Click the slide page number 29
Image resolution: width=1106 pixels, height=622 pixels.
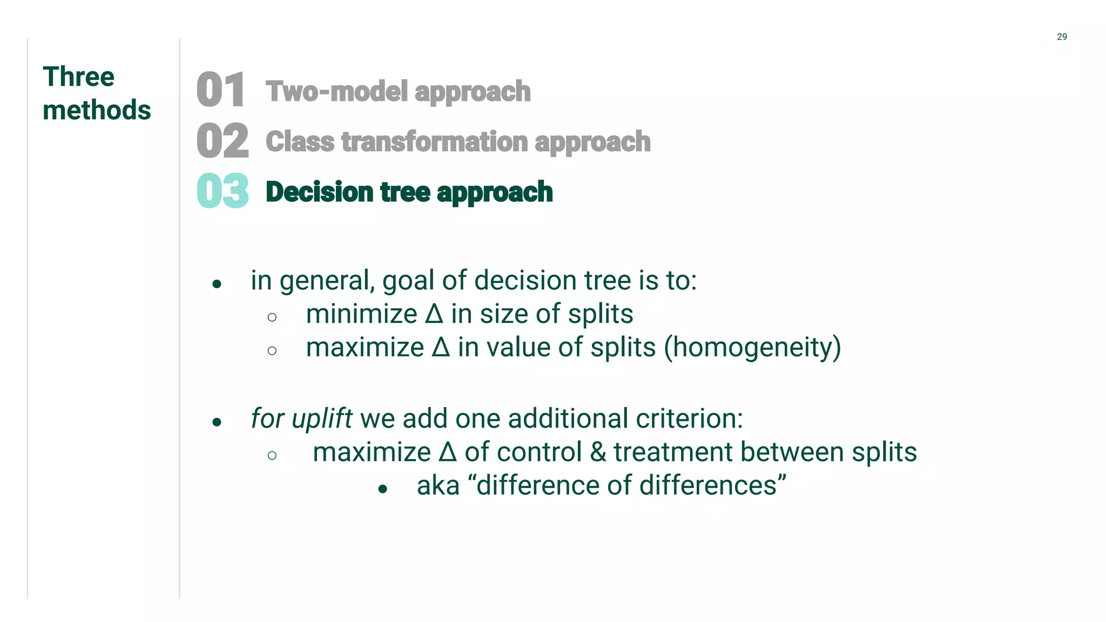click(x=1061, y=37)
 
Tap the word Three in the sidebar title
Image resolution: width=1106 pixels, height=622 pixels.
click(x=78, y=77)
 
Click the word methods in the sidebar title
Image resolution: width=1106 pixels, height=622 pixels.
click(x=97, y=110)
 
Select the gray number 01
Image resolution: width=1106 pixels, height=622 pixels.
click(x=220, y=90)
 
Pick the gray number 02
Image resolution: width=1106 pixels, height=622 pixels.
click(x=222, y=141)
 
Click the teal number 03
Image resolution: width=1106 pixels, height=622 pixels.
click(x=222, y=191)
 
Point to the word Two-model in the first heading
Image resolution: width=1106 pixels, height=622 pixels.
click(x=337, y=91)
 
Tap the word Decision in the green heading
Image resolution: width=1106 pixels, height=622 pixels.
click(x=319, y=192)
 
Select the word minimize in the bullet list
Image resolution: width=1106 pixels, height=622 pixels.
click(x=361, y=314)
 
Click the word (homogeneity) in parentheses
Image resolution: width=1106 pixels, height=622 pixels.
click(x=752, y=347)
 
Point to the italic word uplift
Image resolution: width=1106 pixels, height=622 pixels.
click(x=322, y=418)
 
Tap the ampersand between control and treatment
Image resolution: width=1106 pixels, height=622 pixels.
click(x=598, y=452)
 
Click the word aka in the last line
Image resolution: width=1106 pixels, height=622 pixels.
click(x=438, y=485)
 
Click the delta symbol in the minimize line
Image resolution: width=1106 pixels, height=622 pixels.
click(x=434, y=314)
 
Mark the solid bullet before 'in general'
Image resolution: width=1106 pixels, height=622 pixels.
click(x=217, y=284)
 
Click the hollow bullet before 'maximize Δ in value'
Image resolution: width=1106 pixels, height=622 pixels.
click(x=272, y=351)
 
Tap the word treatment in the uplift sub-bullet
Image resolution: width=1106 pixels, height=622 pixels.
click(x=673, y=452)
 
